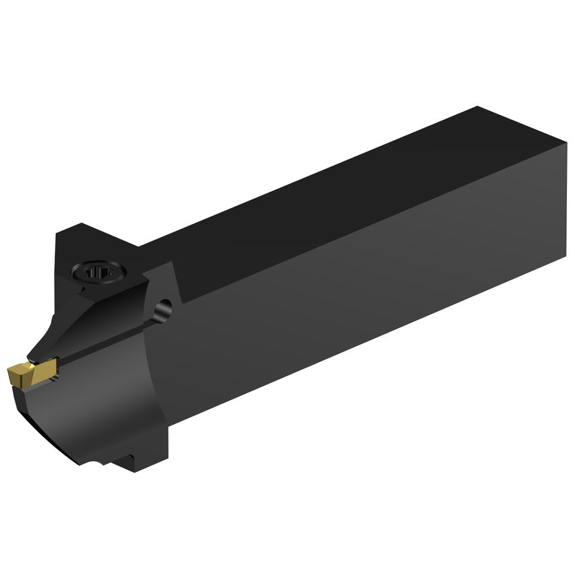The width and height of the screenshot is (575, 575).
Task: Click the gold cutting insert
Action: point(27,373)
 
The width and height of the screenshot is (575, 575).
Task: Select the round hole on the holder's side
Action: point(162,310)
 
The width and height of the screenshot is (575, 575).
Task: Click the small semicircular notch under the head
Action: point(101,465)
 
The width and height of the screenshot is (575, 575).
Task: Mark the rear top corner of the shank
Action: point(477,108)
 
